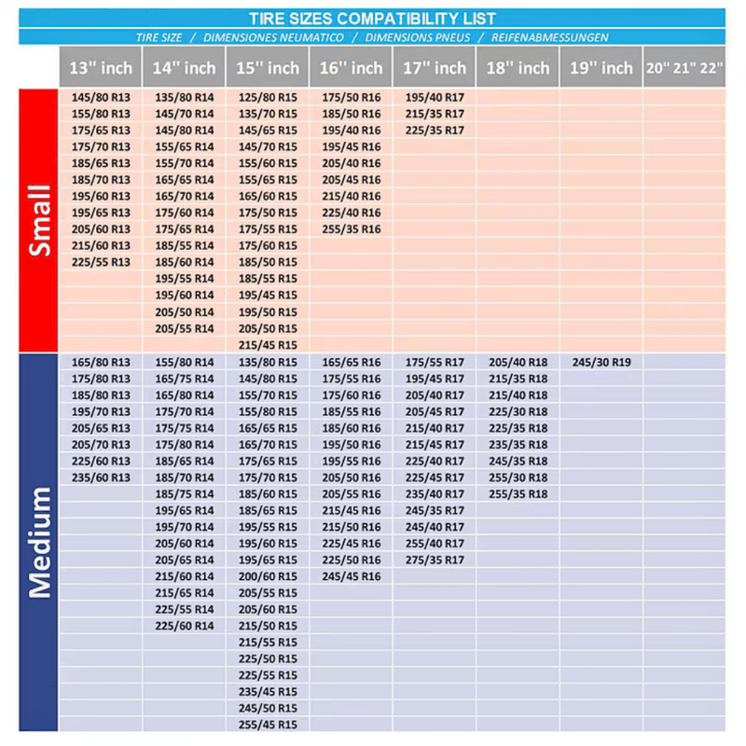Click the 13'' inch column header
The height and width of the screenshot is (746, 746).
click(x=101, y=68)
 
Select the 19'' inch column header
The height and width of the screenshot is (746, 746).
click(x=601, y=68)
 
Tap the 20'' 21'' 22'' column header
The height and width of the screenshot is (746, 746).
click(x=684, y=68)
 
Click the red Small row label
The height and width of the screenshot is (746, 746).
click(x=39, y=221)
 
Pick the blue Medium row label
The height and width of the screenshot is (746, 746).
click(x=39, y=542)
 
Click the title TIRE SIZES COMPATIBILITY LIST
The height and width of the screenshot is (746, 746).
click(x=372, y=19)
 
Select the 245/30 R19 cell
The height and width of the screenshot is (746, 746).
click(x=601, y=362)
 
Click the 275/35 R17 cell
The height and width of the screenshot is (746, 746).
click(x=435, y=559)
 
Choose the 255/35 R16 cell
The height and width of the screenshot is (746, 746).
click(x=352, y=229)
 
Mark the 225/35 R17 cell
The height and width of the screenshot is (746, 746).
click(x=435, y=131)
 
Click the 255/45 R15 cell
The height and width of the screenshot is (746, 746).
click(x=268, y=725)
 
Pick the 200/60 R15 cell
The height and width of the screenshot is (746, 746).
click(x=268, y=576)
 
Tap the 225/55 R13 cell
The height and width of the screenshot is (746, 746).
click(x=101, y=262)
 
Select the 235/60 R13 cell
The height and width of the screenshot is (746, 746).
click(x=101, y=477)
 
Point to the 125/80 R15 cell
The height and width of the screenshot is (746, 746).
click(x=268, y=97)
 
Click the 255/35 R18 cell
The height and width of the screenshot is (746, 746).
click(x=518, y=494)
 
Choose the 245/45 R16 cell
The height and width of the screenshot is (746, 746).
click(x=352, y=576)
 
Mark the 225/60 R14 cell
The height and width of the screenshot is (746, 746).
click(x=185, y=626)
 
